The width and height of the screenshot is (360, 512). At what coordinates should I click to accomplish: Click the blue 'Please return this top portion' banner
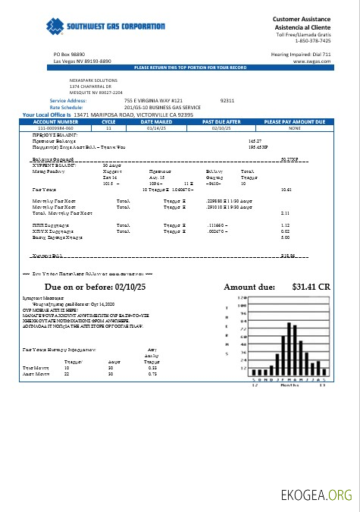[x=190, y=68]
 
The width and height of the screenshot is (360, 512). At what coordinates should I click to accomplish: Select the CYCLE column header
[x=108, y=121]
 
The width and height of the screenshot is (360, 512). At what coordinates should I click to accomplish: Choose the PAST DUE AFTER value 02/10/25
[x=221, y=128]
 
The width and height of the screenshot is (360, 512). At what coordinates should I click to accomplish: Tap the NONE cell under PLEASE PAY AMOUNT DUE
[x=294, y=128]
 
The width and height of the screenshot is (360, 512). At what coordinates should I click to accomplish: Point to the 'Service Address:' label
[x=68, y=100]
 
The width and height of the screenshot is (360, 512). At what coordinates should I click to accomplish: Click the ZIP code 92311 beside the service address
[x=227, y=100]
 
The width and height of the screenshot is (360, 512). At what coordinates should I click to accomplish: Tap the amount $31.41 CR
[x=311, y=287]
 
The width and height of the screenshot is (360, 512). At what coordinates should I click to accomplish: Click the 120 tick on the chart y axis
[x=243, y=298]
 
